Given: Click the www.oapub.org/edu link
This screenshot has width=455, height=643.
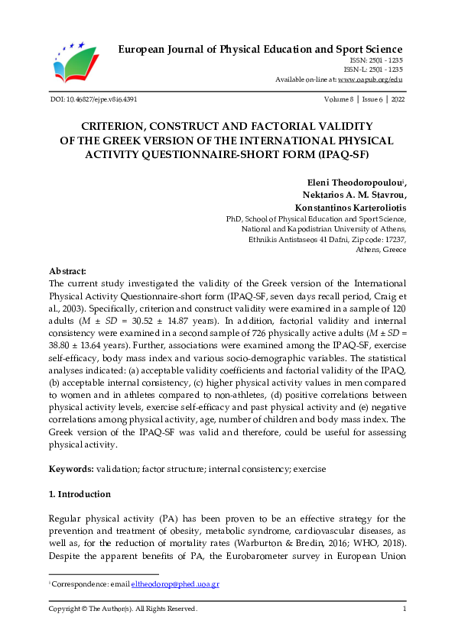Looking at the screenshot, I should pyautogui.click(x=370, y=79).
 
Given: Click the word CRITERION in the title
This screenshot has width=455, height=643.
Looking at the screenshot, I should pyautogui.click(x=116, y=126).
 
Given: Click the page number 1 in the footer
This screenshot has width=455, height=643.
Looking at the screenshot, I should pyautogui.click(x=404, y=609).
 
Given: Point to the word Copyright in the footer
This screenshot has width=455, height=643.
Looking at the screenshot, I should pyautogui.click(x=66, y=609).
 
